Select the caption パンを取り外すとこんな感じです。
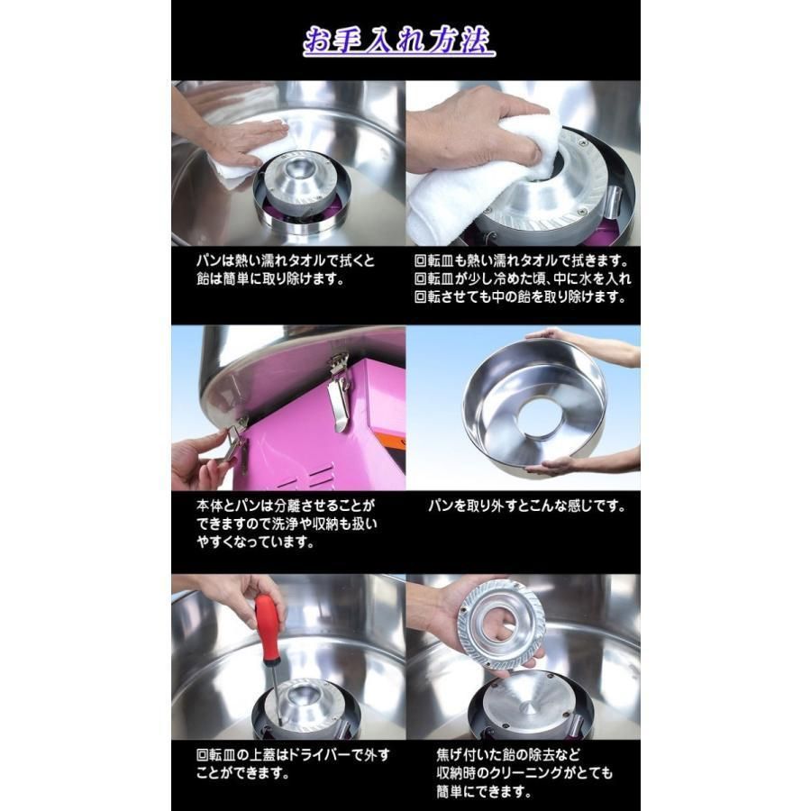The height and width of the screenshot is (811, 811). click(526, 506)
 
